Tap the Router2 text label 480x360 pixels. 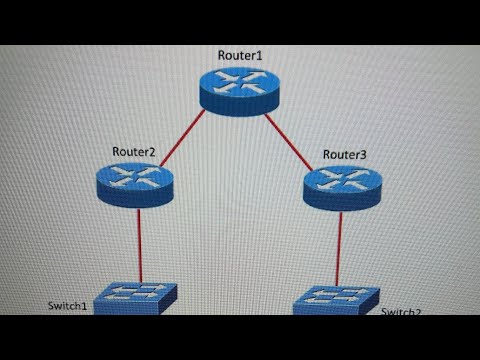(134, 151)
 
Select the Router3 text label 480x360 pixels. (345, 155)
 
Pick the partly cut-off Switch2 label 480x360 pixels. (400, 311)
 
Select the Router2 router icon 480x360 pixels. (136, 184)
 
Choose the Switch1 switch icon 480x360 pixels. (138, 299)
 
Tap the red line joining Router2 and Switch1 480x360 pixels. (138, 245)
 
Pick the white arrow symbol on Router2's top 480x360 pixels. (136, 178)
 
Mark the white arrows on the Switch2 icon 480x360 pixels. (336, 296)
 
